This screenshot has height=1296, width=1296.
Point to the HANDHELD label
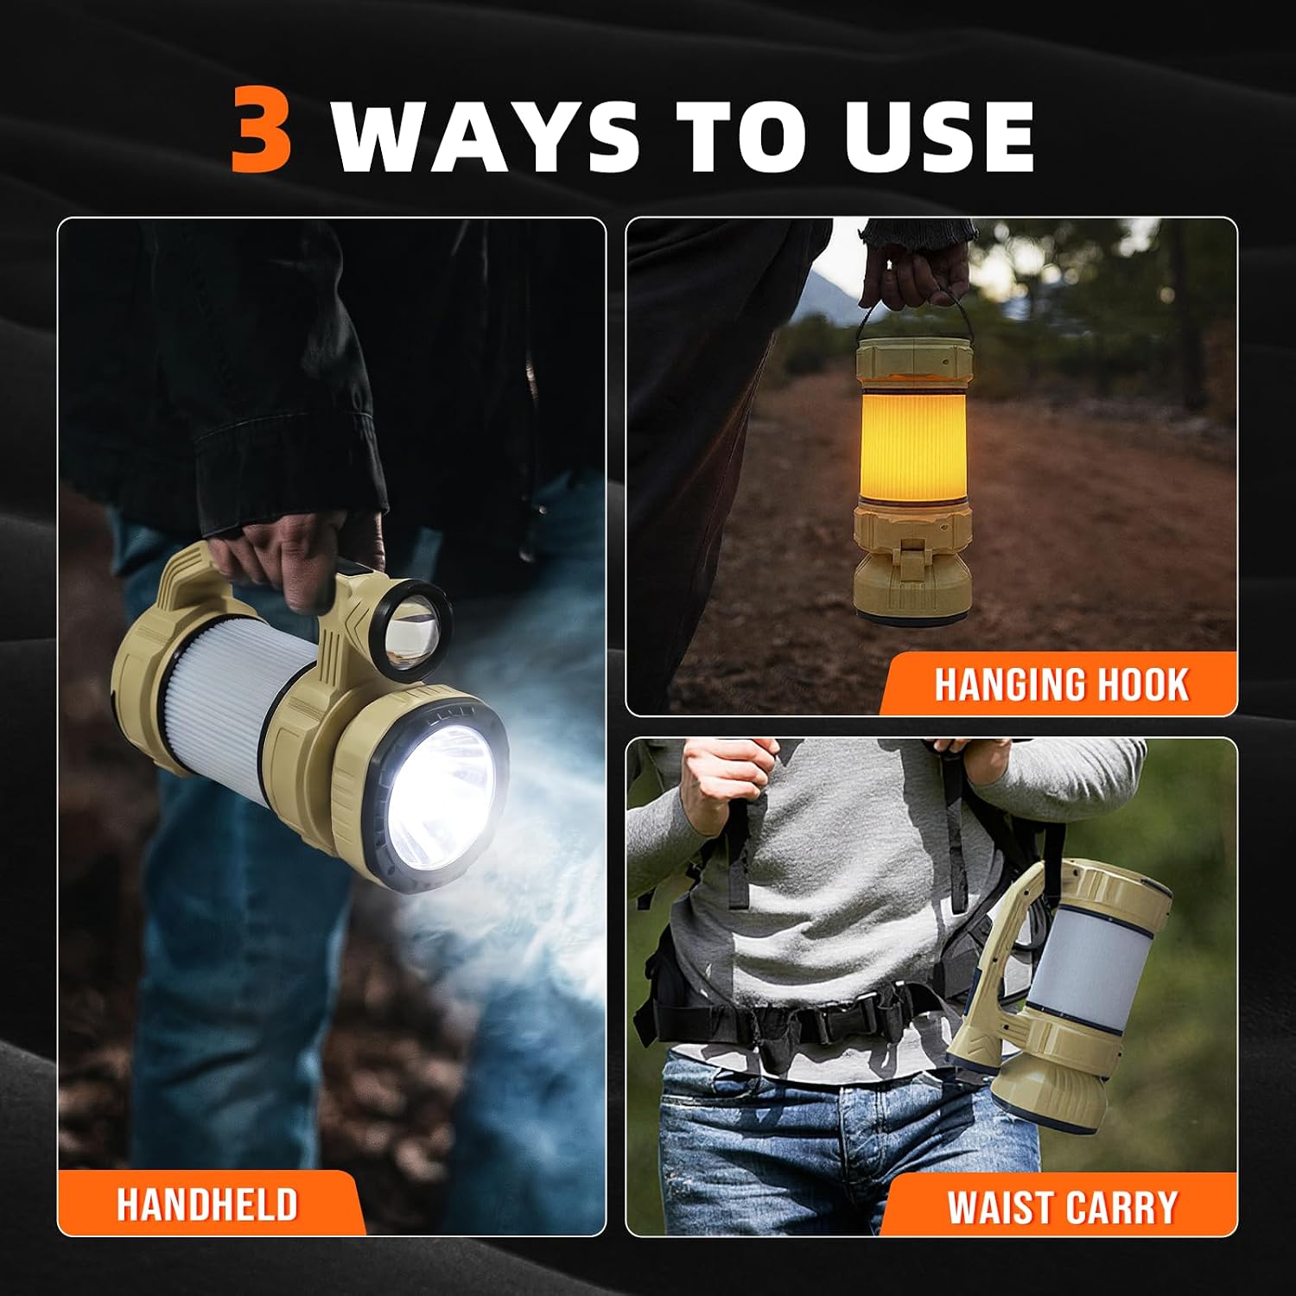tap(207, 1204)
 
